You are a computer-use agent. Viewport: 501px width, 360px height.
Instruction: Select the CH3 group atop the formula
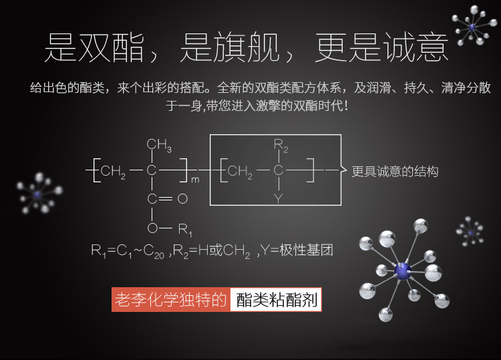159,145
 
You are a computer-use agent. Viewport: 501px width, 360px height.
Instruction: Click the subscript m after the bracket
195,179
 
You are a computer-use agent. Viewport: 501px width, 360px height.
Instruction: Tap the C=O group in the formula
167,199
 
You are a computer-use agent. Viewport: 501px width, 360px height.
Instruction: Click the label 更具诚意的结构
395,172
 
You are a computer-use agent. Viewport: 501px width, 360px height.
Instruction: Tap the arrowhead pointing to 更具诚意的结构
345,171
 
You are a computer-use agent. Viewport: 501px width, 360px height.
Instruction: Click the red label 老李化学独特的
171,300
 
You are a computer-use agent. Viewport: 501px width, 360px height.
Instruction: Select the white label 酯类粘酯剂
277,300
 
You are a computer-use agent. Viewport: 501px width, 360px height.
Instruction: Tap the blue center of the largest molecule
402,270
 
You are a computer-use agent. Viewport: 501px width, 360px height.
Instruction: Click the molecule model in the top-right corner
473,27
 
